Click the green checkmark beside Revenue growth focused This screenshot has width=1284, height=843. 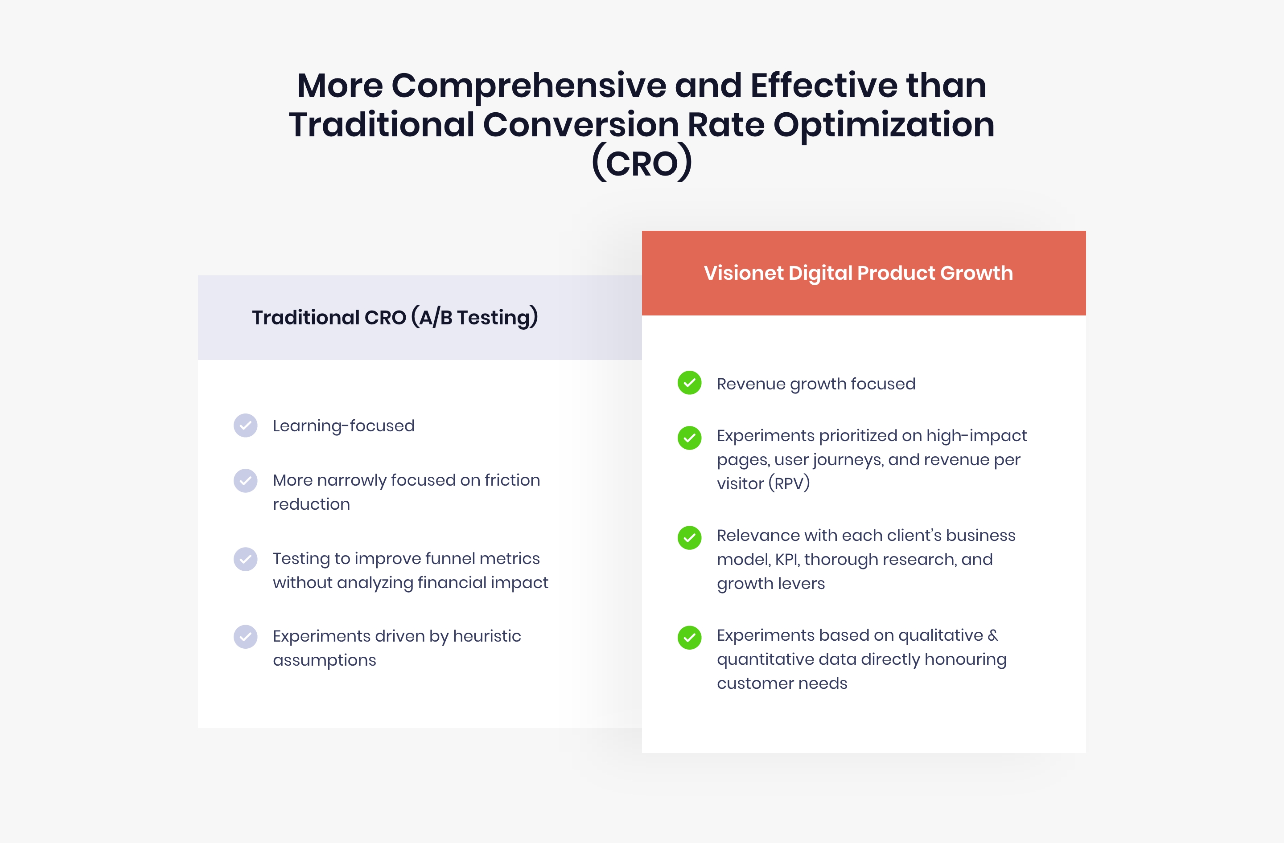689,383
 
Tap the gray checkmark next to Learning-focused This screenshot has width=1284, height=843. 246,425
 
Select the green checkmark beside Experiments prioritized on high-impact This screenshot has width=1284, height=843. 689,438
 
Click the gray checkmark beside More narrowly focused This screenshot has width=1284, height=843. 246,480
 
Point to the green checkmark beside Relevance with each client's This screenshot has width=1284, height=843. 689,537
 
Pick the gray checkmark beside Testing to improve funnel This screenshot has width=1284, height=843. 246,559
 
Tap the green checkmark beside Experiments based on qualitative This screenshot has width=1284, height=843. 689,638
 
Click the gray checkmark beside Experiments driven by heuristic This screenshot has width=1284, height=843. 246,637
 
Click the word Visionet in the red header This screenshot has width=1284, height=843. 743,273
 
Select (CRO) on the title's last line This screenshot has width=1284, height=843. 642,163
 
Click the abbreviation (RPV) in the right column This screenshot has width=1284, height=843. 789,483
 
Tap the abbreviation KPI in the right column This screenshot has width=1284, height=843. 787,560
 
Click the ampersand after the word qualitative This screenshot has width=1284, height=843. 993,635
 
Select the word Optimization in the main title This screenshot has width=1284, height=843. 884,125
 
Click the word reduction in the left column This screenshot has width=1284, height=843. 311,504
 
